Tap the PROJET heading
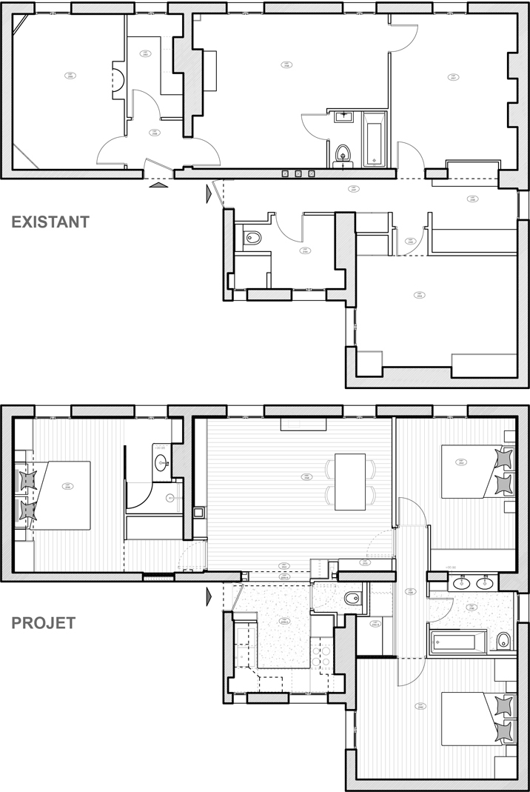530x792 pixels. point(42,622)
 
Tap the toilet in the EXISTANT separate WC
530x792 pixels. point(252,239)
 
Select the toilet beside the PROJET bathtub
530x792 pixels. point(503,641)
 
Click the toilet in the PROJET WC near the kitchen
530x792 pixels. point(350,598)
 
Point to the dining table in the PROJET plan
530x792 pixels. point(350,482)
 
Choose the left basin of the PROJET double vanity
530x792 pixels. point(459,585)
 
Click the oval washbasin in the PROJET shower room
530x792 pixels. point(162,465)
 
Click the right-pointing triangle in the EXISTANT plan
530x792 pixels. point(209,194)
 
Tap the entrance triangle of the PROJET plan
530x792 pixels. point(209,594)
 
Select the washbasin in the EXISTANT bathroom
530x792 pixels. point(344,116)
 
